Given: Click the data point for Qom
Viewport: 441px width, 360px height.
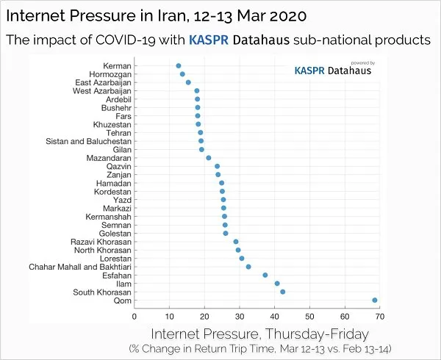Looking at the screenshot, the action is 375,300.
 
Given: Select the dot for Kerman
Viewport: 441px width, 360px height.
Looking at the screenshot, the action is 179,66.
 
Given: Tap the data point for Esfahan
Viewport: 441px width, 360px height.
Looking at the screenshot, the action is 265,275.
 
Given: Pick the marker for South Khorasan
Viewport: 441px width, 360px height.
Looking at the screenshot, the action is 283,292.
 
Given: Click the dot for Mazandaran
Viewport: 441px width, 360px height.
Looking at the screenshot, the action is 209,158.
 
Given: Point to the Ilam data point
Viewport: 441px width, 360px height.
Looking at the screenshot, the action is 277,284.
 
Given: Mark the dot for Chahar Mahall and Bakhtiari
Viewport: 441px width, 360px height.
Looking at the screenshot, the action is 248,267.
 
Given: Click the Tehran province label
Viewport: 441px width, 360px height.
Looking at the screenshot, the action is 118,133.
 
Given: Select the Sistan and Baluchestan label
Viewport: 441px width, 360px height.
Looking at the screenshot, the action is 89,141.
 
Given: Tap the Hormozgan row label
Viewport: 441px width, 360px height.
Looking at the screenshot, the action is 110,74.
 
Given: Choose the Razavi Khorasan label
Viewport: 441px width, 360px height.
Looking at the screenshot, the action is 101,242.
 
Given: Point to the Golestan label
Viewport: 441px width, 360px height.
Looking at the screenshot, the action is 115,234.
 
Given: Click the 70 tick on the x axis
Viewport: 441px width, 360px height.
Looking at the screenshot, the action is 380,317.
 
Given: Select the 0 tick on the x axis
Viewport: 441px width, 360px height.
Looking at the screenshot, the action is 135,317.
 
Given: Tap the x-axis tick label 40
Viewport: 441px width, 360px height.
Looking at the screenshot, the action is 274,317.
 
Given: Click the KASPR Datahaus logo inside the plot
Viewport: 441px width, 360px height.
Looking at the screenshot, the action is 333,71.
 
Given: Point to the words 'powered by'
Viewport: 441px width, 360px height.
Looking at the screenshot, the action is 363,63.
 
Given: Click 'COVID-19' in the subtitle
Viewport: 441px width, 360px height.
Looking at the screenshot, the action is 125,40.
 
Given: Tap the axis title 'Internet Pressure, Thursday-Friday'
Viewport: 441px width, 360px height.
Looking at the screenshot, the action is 260,334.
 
